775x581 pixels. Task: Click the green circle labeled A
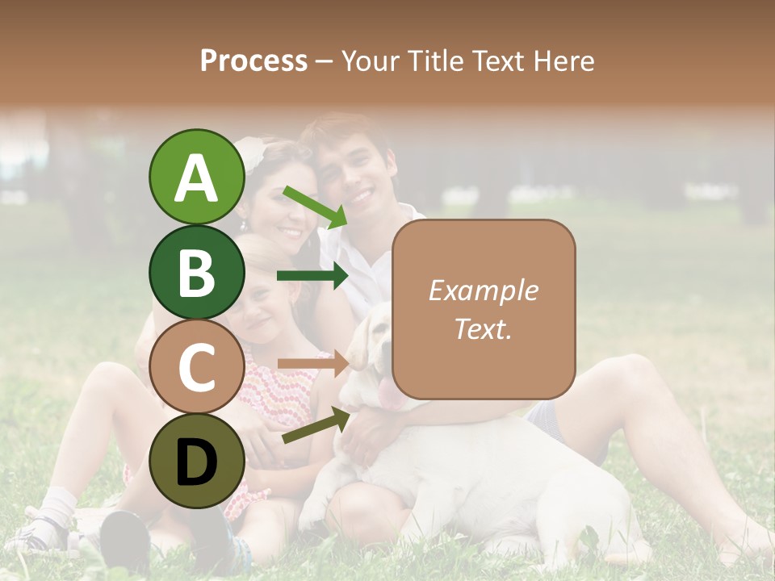[x=196, y=177]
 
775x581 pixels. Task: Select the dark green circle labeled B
[x=196, y=272]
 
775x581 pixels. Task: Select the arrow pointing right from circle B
[x=312, y=276]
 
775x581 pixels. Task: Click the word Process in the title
[x=253, y=61]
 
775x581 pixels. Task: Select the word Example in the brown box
[x=484, y=290]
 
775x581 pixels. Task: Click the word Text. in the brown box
[x=484, y=328]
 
